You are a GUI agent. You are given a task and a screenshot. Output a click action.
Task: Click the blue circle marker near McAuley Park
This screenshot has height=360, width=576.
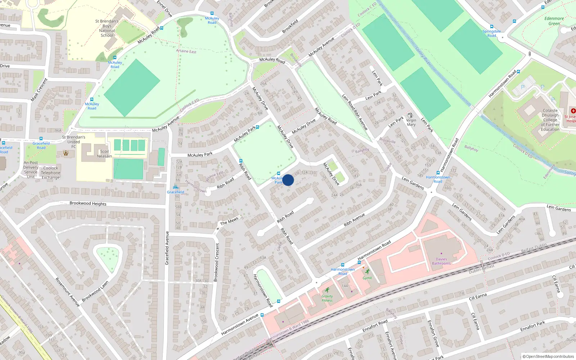tap(288, 180)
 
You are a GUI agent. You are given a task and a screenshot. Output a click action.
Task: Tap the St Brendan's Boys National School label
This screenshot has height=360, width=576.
tap(107, 28)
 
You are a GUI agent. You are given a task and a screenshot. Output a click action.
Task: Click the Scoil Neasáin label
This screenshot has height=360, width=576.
tap(104, 154)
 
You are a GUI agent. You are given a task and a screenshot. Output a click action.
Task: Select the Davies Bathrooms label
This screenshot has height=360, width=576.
tap(441, 261)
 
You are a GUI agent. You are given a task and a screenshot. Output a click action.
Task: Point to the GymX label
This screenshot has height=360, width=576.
tap(367, 278)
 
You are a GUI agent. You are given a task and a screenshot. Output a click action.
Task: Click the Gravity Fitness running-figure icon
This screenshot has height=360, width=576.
tap(327, 290)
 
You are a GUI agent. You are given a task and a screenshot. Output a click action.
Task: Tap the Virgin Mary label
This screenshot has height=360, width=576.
tap(411, 122)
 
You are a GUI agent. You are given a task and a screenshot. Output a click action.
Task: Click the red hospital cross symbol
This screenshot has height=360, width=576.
tap(573, 111)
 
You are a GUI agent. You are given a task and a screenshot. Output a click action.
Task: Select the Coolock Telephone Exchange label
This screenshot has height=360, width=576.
tap(51, 173)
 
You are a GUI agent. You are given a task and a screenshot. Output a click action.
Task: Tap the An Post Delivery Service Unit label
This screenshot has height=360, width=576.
tap(31, 170)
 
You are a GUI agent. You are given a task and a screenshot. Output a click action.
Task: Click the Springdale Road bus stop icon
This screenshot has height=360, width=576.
tap(514, 21)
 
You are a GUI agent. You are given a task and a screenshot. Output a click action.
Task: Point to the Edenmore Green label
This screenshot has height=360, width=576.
tap(554, 21)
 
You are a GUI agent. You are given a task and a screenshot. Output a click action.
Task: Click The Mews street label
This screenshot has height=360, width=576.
tap(229, 221)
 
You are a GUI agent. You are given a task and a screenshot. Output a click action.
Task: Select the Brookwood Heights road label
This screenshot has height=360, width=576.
tap(88, 203)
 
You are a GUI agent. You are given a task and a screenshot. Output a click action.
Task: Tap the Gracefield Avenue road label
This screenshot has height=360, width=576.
tap(167, 248)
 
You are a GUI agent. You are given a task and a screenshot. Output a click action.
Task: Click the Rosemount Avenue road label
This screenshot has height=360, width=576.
tap(67, 292)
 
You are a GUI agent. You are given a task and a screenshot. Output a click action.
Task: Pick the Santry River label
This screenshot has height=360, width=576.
tap(423, 56)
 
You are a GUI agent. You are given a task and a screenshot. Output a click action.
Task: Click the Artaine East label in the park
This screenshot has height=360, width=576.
tap(186, 51)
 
